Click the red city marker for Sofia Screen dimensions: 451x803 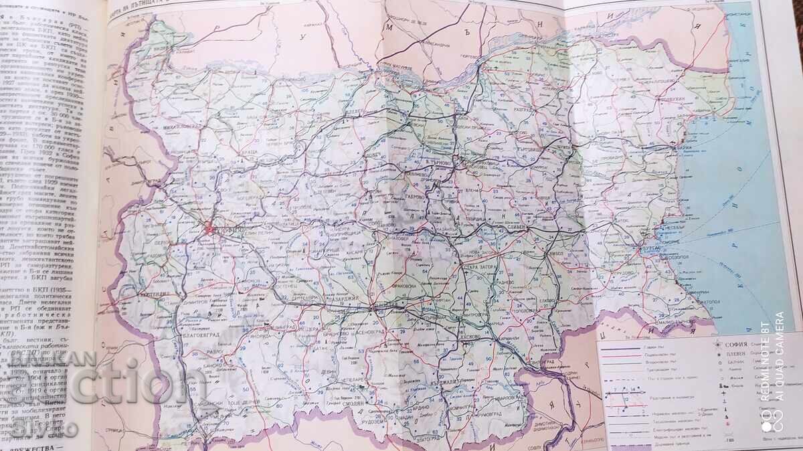pos(209,230)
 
